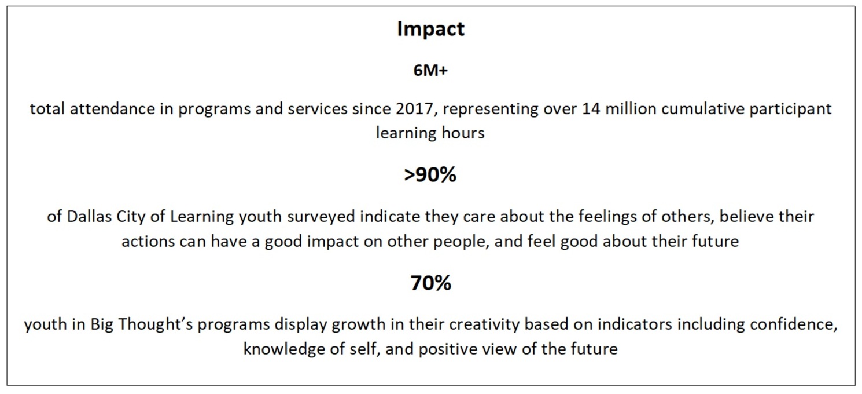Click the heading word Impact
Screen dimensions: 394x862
coord(430,30)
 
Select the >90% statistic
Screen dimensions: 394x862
coord(430,174)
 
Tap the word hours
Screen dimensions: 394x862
coord(461,133)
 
